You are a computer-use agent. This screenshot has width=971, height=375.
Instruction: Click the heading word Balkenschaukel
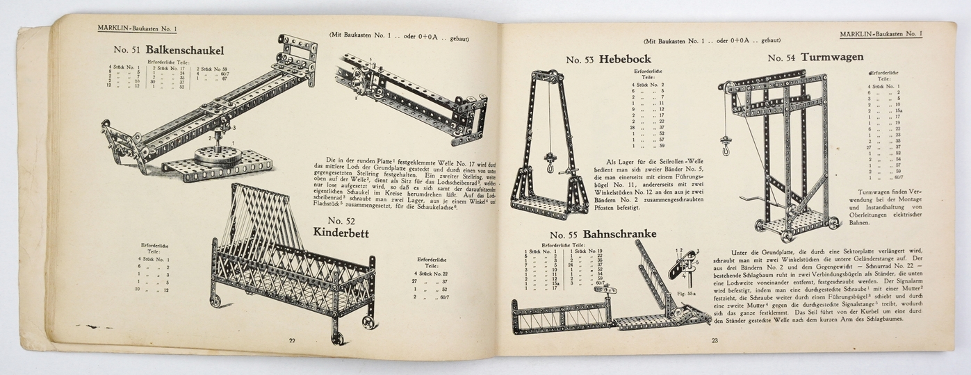(x=184, y=50)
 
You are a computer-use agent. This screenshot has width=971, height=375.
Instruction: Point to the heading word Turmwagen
(x=832, y=57)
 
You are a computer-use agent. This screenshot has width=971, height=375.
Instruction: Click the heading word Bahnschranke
(x=619, y=234)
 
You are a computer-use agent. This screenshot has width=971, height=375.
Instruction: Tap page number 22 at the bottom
(x=293, y=340)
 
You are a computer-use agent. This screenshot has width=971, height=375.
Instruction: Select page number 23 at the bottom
(x=715, y=340)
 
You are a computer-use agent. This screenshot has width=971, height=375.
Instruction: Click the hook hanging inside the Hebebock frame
(x=549, y=166)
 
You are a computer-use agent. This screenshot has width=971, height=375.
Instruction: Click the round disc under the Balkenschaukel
(x=217, y=154)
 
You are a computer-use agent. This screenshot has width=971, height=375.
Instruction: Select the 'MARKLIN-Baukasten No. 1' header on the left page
(x=138, y=28)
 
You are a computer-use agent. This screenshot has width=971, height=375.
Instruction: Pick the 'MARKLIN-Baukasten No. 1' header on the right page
(x=881, y=34)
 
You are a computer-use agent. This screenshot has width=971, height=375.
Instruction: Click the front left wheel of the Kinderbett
(x=215, y=301)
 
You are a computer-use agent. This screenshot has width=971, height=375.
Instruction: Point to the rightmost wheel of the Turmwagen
(x=831, y=223)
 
